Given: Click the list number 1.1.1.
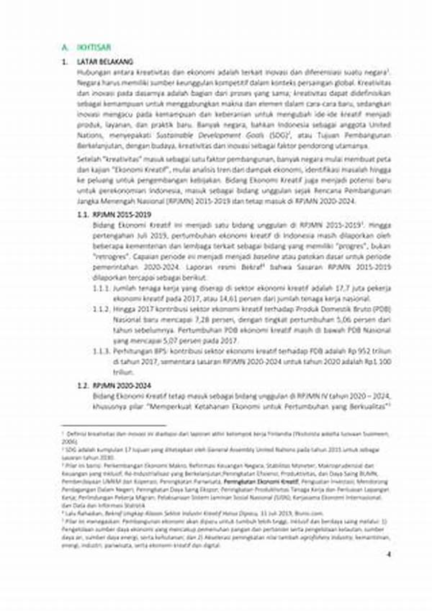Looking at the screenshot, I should click(x=101, y=286).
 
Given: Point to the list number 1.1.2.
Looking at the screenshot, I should click(x=101, y=307).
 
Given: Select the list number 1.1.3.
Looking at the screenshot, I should click(x=101, y=349).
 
